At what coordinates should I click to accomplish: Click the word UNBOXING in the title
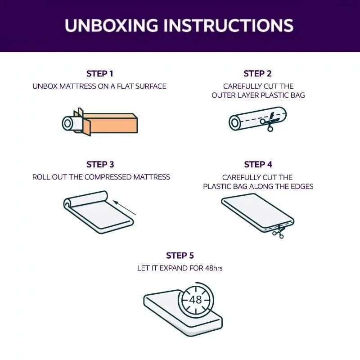(x=111, y=25)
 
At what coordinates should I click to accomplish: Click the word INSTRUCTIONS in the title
(x=229, y=25)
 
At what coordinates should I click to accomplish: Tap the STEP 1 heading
(x=100, y=74)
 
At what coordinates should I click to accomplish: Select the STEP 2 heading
(x=257, y=74)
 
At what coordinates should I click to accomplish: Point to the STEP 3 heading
(x=100, y=164)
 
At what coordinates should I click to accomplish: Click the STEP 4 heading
(x=258, y=164)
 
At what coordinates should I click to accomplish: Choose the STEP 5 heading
(x=180, y=255)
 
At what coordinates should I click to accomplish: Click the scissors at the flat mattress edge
(x=279, y=231)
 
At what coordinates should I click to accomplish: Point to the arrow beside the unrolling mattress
(x=125, y=208)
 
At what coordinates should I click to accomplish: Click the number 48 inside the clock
(x=196, y=299)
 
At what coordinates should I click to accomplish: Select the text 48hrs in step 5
(x=214, y=268)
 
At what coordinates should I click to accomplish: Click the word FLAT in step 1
(x=125, y=86)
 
